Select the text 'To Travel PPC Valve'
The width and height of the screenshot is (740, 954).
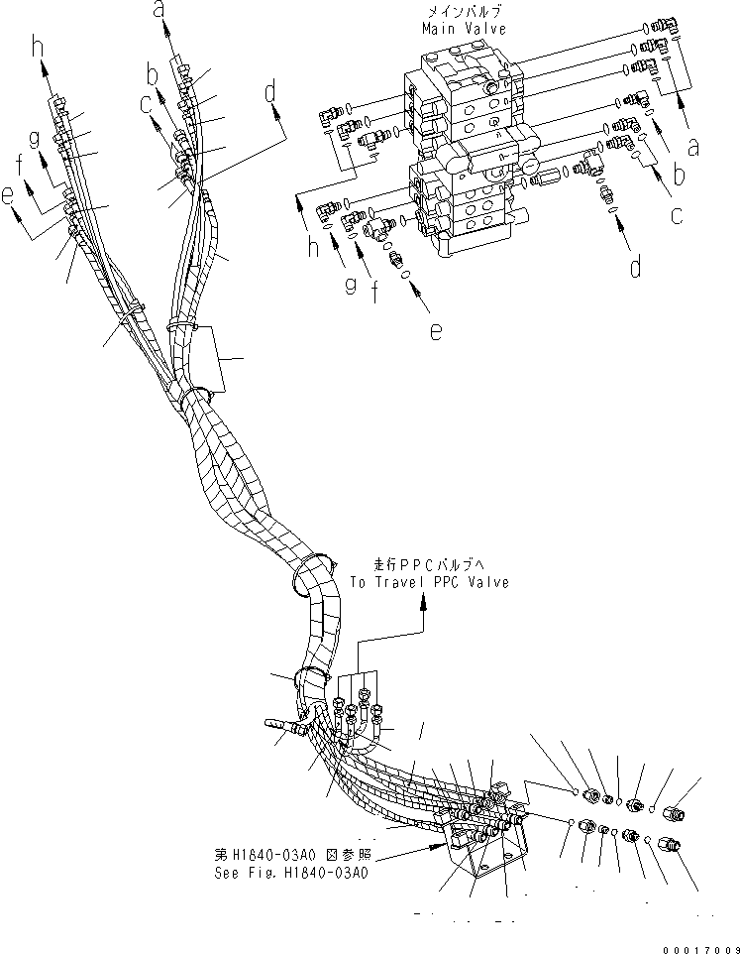click(x=429, y=582)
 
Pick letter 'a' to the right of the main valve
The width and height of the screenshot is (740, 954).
click(x=693, y=148)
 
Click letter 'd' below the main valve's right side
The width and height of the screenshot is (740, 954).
click(x=635, y=267)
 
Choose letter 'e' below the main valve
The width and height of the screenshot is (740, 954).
click(x=436, y=334)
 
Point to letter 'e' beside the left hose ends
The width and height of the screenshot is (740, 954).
click(x=10, y=197)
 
